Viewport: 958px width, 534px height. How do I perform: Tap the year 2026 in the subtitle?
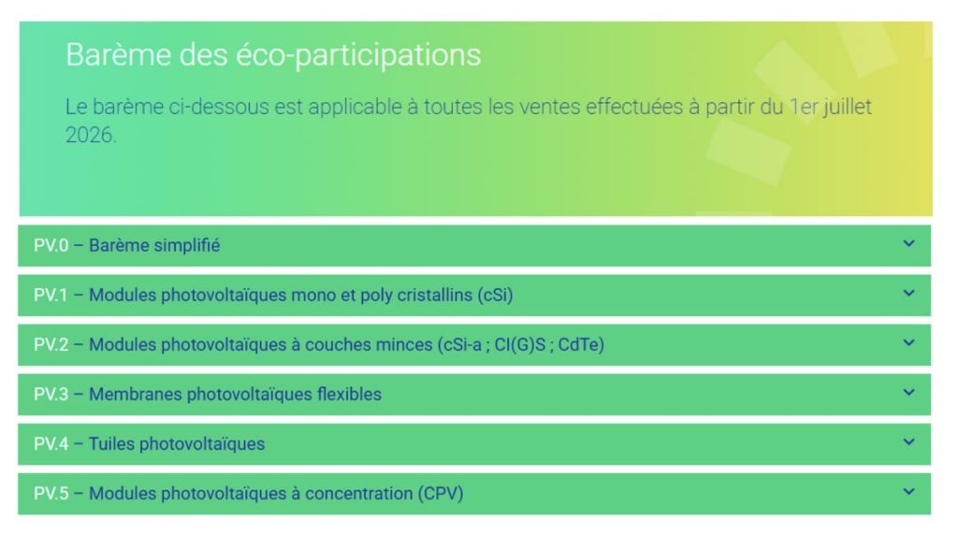pyautogui.click(x=90, y=135)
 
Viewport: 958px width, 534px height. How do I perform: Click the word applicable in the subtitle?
pyautogui.click(x=354, y=108)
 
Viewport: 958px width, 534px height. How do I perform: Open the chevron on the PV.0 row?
pyautogui.click(x=909, y=243)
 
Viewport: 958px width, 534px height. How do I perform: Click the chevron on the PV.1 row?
pyautogui.click(x=909, y=293)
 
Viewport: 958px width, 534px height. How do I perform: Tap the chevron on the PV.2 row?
pyautogui.click(x=909, y=342)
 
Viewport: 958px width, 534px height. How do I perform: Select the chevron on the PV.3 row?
pyautogui.click(x=909, y=392)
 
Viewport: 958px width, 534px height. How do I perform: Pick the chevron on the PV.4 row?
pyautogui.click(x=909, y=441)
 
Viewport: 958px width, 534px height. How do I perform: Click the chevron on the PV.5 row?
pyautogui.click(x=909, y=491)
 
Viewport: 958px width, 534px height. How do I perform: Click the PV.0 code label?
pyautogui.click(x=51, y=246)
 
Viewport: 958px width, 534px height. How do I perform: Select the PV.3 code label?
pyautogui.click(x=51, y=394)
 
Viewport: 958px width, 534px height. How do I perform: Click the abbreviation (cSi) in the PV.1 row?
pyautogui.click(x=495, y=296)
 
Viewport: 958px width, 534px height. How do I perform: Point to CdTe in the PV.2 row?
pyautogui.click(x=581, y=344)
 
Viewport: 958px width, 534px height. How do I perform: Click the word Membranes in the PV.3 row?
pyautogui.click(x=135, y=394)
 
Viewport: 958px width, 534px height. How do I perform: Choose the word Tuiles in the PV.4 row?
pyautogui.click(x=112, y=443)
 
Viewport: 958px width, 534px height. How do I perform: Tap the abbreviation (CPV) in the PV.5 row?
pyautogui.click(x=441, y=493)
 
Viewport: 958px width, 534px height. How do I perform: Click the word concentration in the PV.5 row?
pyautogui.click(x=358, y=494)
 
